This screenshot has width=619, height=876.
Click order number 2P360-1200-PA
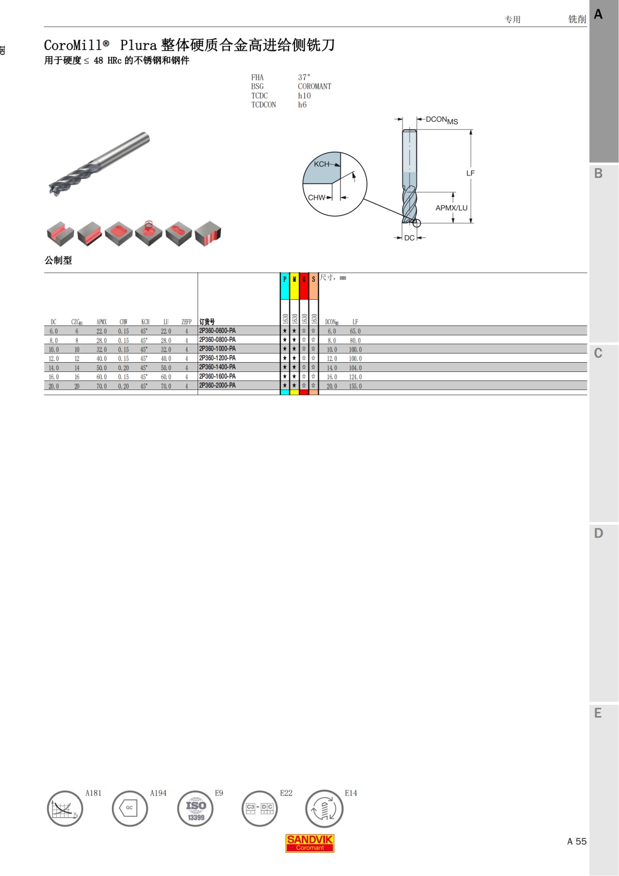click(x=217, y=358)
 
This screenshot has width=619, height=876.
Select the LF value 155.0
click(x=355, y=386)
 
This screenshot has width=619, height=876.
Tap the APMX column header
click(x=102, y=322)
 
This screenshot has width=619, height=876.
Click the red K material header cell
click(x=304, y=286)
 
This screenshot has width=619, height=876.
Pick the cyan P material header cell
click(x=285, y=286)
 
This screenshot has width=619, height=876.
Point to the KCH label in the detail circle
click(x=321, y=164)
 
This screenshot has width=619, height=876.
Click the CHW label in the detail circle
click(x=316, y=198)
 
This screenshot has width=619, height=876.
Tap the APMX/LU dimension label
click(x=451, y=208)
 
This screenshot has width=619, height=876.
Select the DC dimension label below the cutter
click(x=409, y=238)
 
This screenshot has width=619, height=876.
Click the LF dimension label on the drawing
click(x=470, y=173)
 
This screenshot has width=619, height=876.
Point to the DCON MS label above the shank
click(x=442, y=120)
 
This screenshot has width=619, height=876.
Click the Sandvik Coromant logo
click(x=310, y=843)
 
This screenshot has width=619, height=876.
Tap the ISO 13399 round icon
click(x=196, y=809)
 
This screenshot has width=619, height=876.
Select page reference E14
click(x=351, y=793)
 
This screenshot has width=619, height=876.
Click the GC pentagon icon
click(x=129, y=808)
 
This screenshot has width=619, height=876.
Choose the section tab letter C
click(x=598, y=353)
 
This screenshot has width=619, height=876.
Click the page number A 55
click(x=577, y=841)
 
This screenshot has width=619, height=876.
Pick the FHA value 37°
click(x=304, y=77)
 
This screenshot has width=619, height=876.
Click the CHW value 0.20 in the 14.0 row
click(x=123, y=368)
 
